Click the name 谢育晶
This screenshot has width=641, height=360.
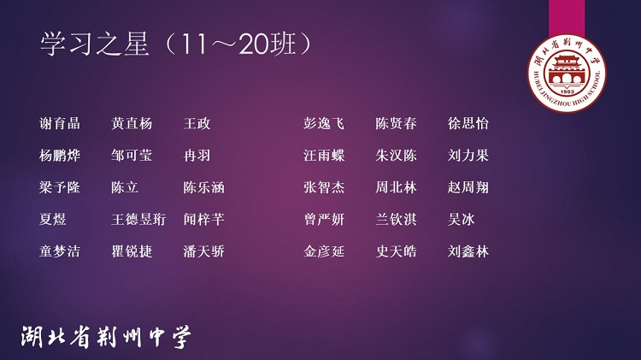(x=60, y=123)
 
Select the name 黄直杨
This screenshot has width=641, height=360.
(x=132, y=123)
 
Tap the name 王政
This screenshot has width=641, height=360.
(x=197, y=123)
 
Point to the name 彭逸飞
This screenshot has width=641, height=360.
(x=324, y=123)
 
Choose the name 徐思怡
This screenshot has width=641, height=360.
(x=468, y=123)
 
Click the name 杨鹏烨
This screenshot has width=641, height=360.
(x=60, y=156)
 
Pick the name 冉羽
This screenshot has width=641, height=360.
(x=197, y=156)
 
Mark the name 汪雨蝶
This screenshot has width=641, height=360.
(x=324, y=156)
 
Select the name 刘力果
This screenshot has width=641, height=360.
(x=468, y=156)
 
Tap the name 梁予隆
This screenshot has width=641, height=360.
(x=60, y=187)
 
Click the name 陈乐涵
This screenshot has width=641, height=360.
(x=203, y=187)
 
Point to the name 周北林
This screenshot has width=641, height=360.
(x=396, y=187)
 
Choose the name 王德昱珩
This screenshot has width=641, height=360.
(x=138, y=220)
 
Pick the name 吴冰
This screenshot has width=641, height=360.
(x=462, y=220)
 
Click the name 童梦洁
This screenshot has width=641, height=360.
(x=60, y=251)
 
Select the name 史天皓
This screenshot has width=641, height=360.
(x=396, y=251)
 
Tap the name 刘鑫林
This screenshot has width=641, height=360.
(x=468, y=251)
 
